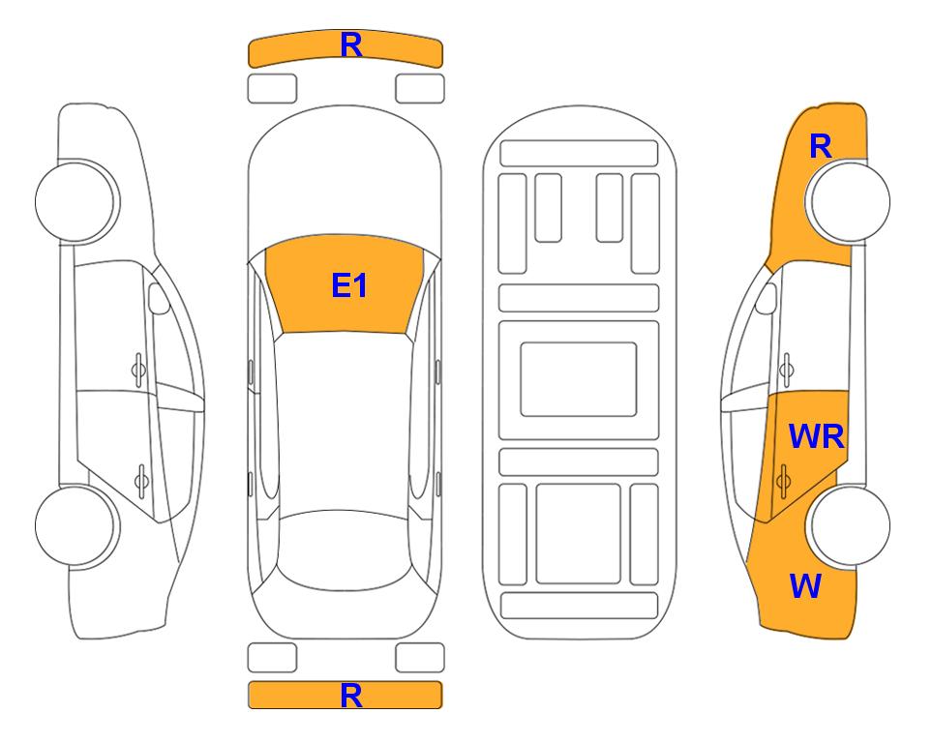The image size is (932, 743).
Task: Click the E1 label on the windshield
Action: coord(349,285)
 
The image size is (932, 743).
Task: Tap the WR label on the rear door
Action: coord(816,437)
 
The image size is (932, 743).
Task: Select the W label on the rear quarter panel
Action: coord(805,586)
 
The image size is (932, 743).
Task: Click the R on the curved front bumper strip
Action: coord(351,45)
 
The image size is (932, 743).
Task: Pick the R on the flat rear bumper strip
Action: coord(351,696)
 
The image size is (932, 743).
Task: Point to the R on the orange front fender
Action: coord(821,146)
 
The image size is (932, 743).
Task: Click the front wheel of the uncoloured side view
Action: coord(76,201)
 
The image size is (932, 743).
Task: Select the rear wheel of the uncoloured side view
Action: coord(76,525)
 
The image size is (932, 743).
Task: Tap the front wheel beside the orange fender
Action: coord(848,201)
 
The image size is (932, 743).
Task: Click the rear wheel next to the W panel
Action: coord(848,525)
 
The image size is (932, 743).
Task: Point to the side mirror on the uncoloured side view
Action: coord(158,298)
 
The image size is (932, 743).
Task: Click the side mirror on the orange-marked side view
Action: coord(767,298)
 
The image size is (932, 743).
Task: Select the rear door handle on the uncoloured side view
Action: coord(141,480)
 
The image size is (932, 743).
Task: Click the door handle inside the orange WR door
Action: coord(783,480)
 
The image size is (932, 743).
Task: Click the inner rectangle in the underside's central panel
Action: coord(579,379)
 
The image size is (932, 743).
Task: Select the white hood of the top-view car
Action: coord(345,178)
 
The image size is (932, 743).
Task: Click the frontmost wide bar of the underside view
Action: coord(579,154)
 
